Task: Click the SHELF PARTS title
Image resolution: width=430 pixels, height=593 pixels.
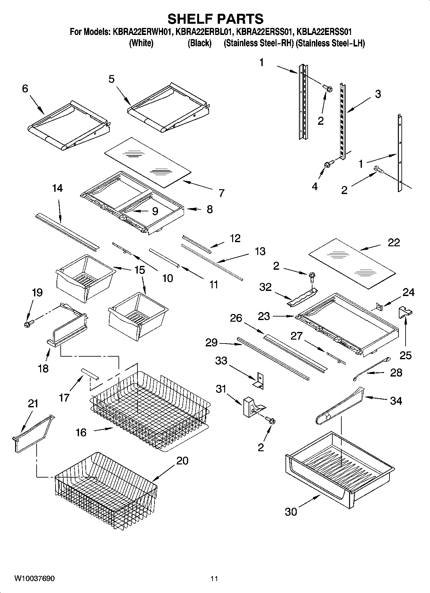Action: pyautogui.click(x=215, y=19)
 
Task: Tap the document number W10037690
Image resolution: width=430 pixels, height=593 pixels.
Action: pyautogui.click(x=34, y=578)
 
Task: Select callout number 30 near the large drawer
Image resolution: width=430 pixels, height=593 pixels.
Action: pyautogui.click(x=291, y=511)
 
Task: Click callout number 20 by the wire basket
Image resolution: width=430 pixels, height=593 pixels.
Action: pyautogui.click(x=182, y=461)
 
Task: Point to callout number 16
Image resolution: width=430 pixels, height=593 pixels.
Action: pyautogui.click(x=81, y=432)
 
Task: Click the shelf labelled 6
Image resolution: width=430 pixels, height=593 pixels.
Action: pyautogui.click(x=69, y=126)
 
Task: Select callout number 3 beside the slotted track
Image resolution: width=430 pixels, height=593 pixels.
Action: pyautogui.click(x=378, y=94)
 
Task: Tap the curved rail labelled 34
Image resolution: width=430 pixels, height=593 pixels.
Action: pyautogui.click(x=340, y=404)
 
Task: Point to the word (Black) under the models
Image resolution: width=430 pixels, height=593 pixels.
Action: pyautogui.click(x=199, y=43)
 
